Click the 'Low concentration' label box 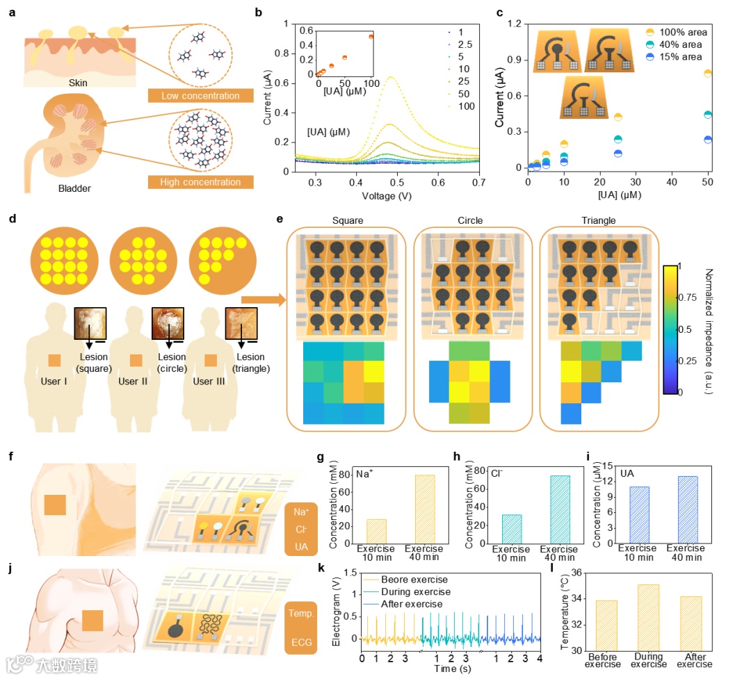pos(200,95)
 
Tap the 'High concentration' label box pos(200,182)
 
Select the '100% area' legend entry pos(678,33)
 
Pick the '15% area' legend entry pos(678,57)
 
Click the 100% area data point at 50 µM pos(708,72)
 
